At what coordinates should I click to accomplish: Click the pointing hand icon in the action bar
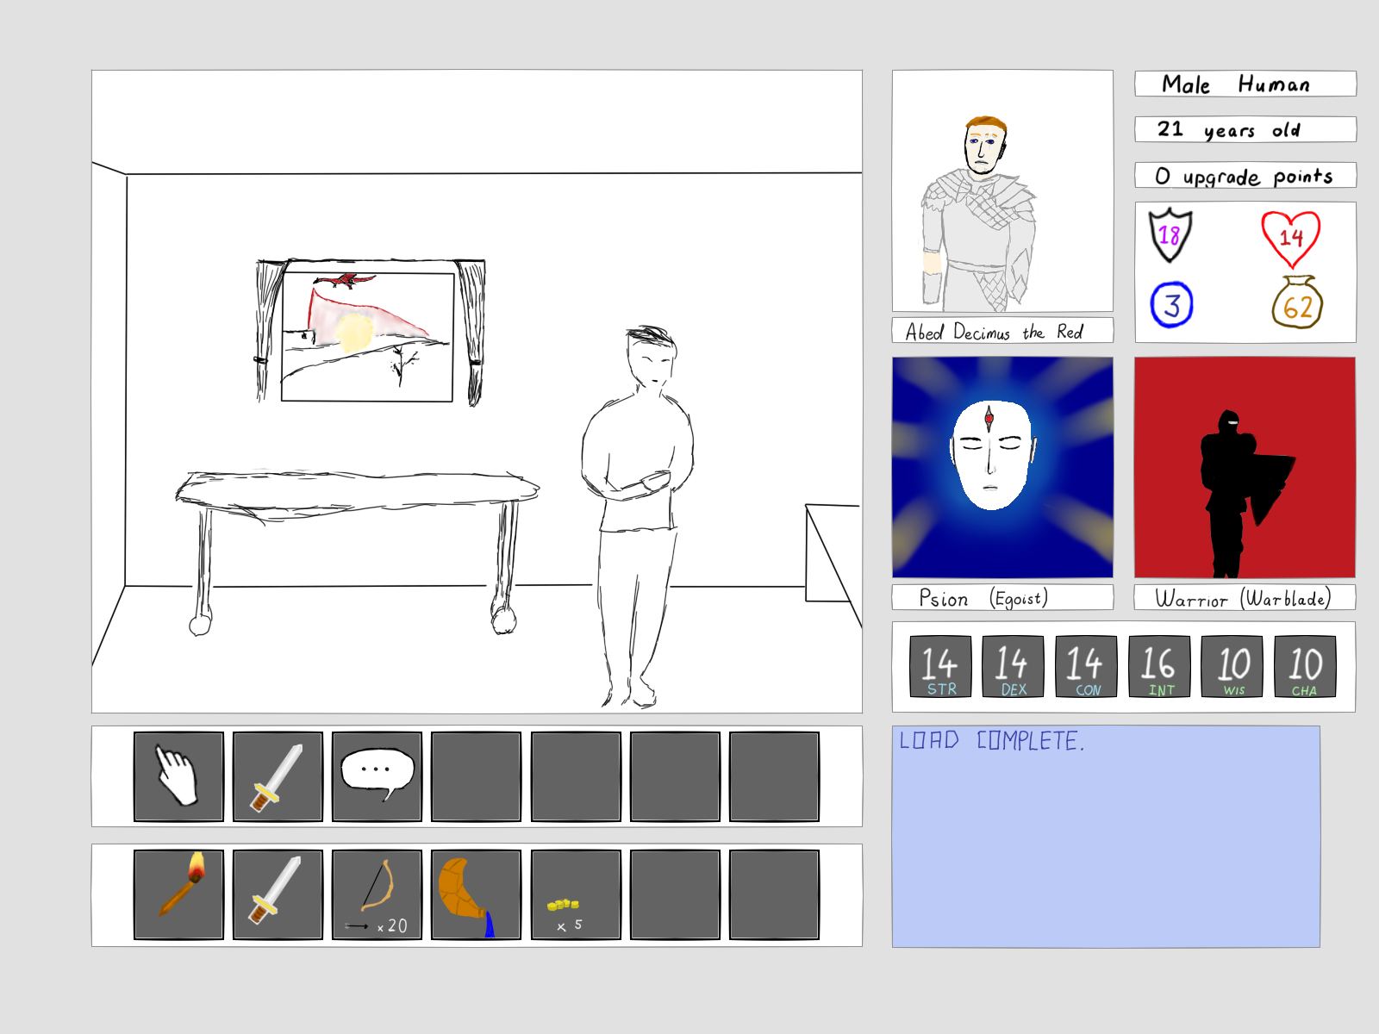tap(178, 775)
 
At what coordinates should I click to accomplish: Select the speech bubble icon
tap(377, 773)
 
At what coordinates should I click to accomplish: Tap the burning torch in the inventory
tap(182, 883)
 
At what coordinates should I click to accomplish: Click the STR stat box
tap(940, 666)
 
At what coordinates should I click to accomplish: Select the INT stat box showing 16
tap(1159, 666)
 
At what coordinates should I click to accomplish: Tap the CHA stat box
tap(1305, 666)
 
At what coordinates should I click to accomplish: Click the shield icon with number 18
tap(1170, 234)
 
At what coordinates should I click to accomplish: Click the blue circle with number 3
tap(1171, 304)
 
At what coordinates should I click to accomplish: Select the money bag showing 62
tap(1297, 302)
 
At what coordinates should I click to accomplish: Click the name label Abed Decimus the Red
tap(994, 332)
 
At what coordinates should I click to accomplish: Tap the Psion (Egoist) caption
tap(983, 598)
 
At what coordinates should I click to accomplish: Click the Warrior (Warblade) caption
tap(1244, 598)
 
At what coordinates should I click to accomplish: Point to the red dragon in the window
tap(344, 281)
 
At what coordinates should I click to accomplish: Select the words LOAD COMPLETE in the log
tap(991, 741)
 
